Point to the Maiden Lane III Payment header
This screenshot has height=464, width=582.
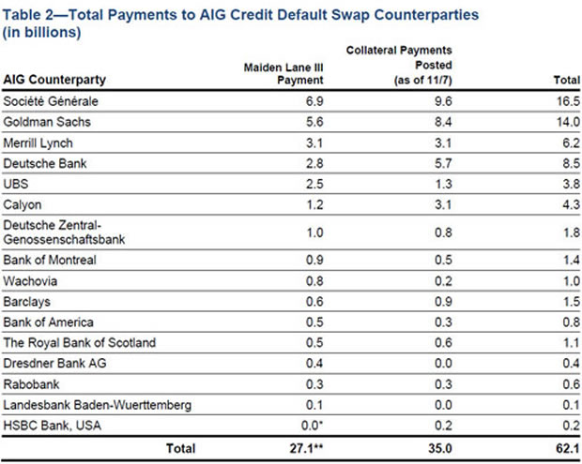coord(283,71)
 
